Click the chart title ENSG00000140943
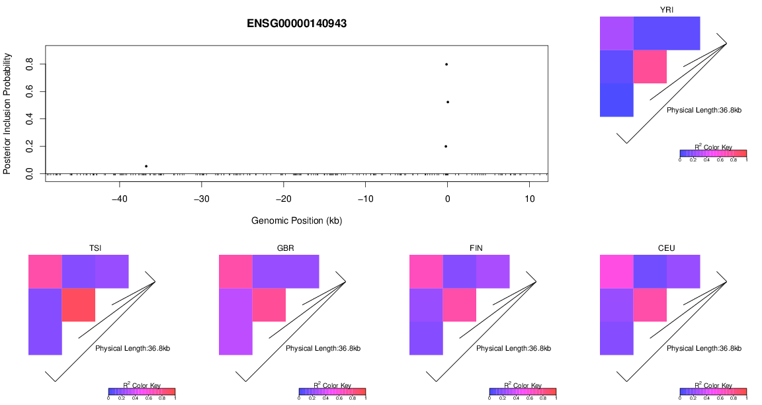pos(296,23)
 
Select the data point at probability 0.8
pos(446,64)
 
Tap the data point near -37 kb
pos(146,166)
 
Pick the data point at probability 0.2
pos(446,146)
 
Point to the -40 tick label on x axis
pos(120,199)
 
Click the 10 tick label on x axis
pos(529,199)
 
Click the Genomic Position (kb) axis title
pos(296,220)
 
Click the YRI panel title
pos(667,9)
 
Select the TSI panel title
pos(95,248)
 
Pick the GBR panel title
pos(286,248)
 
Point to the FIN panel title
pos(476,248)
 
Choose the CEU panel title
pos(667,248)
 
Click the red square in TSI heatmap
pos(79,304)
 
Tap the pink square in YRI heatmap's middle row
pos(650,66)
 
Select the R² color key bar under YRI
pos(713,153)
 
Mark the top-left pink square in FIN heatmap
pos(426,271)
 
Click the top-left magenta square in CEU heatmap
pos(616,271)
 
